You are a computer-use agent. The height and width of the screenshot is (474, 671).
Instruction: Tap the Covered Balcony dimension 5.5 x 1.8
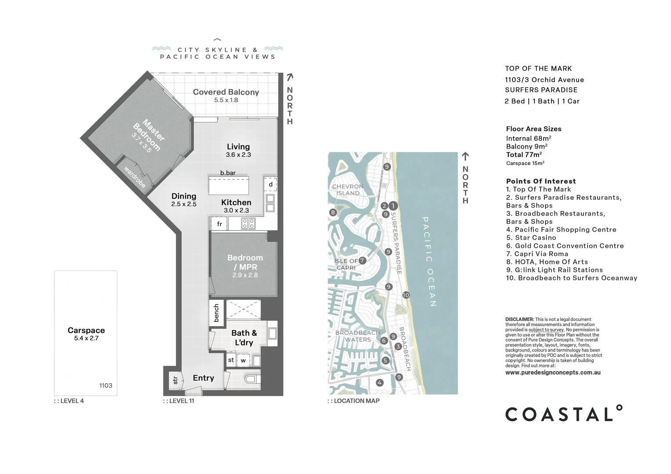[x=226, y=100]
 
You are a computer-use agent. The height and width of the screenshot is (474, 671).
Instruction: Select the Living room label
[x=238, y=147]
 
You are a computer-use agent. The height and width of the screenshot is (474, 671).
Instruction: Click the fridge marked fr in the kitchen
[x=219, y=224]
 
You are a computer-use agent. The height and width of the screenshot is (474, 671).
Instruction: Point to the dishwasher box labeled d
[x=271, y=184]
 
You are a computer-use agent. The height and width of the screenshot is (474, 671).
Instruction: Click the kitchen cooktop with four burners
[x=248, y=224]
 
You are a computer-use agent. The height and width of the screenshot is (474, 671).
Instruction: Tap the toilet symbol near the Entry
[x=252, y=379]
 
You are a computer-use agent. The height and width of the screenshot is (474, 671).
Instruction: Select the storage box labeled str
[x=175, y=380]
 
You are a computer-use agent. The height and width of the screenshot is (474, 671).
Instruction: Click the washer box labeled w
[x=243, y=361]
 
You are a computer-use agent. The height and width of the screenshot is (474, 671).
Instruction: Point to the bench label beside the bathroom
[x=216, y=313]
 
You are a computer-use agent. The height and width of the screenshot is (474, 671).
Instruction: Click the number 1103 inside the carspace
[x=106, y=385]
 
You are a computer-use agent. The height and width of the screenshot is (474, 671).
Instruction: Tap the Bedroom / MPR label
[x=245, y=262]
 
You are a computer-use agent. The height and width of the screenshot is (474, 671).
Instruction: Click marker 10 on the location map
[x=406, y=295]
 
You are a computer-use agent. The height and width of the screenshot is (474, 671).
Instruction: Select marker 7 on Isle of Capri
[x=362, y=260]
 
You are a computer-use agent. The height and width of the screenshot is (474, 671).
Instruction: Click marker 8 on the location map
[x=333, y=212]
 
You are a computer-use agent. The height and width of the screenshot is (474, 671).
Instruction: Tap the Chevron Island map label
[x=348, y=190]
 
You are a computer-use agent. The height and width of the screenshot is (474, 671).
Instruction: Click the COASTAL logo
[x=563, y=414]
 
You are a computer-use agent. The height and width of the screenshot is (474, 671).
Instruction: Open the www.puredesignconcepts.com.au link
[x=553, y=373]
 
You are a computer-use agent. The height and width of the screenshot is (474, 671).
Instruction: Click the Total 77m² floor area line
[x=524, y=154]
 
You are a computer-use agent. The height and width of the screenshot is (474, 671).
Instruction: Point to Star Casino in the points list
[x=531, y=237]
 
